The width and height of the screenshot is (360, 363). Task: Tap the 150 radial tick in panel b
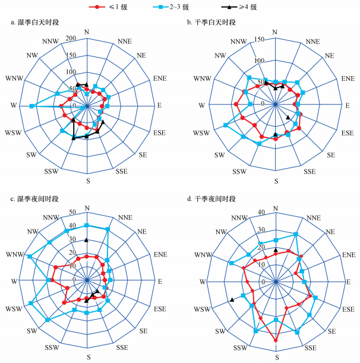click(260, 40)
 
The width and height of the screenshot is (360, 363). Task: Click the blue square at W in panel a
click(31, 106)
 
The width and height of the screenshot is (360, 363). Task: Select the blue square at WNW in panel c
click(29, 256)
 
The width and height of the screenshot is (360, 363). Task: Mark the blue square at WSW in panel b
click(225, 125)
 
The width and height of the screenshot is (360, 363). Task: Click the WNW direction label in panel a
click(12, 78)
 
